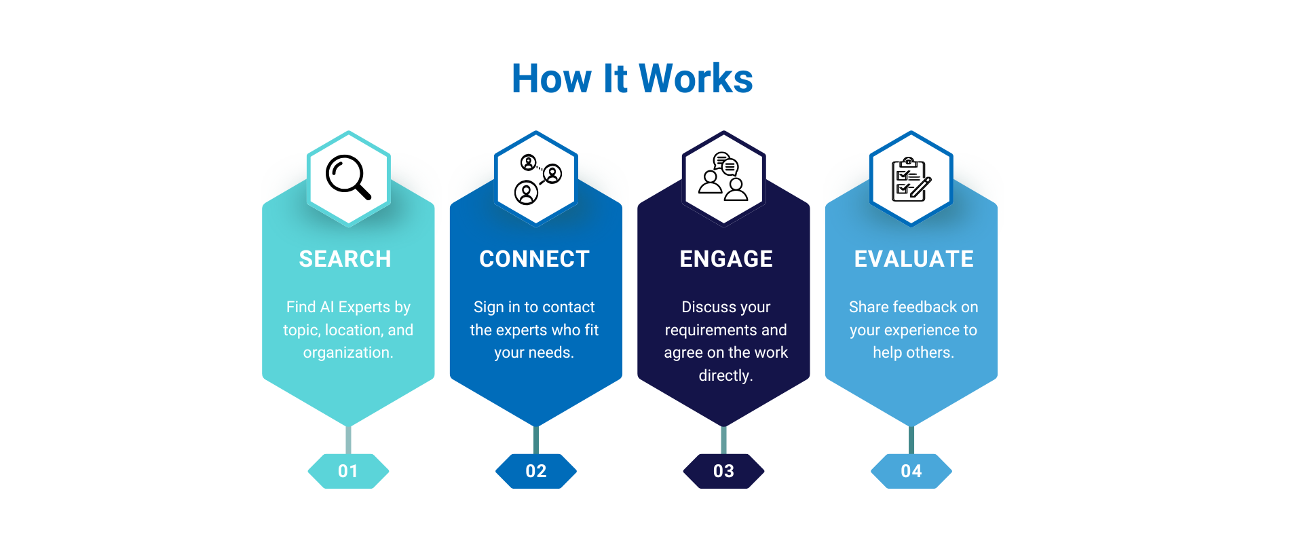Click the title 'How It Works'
632,78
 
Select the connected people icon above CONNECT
537,179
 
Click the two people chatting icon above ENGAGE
723,176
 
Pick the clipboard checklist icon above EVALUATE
911,179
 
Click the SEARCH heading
345,259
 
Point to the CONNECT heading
534,259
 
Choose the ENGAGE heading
726,259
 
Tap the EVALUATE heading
913,259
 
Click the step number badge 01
348,471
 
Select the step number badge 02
536,471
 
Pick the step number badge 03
723,471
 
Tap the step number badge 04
911,471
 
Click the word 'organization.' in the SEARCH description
348,353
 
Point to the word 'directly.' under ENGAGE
726,375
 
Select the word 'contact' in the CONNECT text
568,307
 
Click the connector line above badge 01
348,440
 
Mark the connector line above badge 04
911,440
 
